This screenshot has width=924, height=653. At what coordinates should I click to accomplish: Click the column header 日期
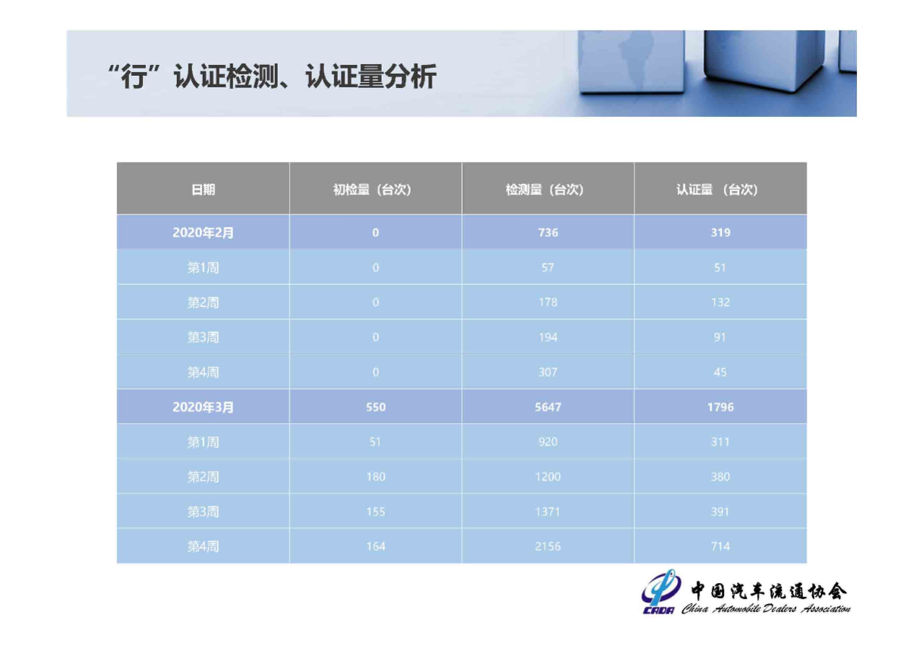pyautogui.click(x=203, y=190)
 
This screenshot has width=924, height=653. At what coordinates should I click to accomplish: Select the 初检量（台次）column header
pyautogui.click(x=372, y=190)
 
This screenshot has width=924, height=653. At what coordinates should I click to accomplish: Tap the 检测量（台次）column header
pyautogui.click(x=544, y=190)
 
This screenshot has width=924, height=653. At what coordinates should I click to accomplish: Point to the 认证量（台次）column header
pyautogui.click(x=717, y=190)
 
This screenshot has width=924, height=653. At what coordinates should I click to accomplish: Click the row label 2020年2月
pyautogui.click(x=203, y=232)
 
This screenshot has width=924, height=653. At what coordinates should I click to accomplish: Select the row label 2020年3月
pyautogui.click(x=203, y=407)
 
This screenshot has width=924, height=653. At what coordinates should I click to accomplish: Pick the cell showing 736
pyautogui.click(x=548, y=232)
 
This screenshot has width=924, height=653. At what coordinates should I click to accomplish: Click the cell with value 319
pyautogui.click(x=720, y=232)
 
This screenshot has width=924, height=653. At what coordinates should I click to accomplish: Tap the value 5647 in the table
pyautogui.click(x=548, y=407)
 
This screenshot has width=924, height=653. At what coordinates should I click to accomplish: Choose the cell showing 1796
pyautogui.click(x=720, y=407)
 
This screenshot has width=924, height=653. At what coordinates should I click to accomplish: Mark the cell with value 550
pyautogui.click(x=376, y=407)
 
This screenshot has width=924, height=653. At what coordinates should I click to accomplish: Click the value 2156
pyautogui.click(x=548, y=547)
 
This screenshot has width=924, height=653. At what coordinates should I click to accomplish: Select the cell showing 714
pyautogui.click(x=720, y=547)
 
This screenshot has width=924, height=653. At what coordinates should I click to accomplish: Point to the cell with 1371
pyautogui.click(x=548, y=512)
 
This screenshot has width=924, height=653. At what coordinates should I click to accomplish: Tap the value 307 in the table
pyautogui.click(x=548, y=372)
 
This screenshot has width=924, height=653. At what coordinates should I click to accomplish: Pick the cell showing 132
pyautogui.click(x=720, y=302)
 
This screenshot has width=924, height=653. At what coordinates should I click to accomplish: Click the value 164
pyautogui.click(x=376, y=547)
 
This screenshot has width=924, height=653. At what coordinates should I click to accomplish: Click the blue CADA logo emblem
pyautogui.click(x=660, y=592)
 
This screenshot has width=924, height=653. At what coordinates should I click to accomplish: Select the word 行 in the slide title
pyautogui.click(x=134, y=76)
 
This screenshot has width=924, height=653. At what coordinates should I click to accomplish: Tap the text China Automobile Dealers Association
pyautogui.click(x=766, y=609)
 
